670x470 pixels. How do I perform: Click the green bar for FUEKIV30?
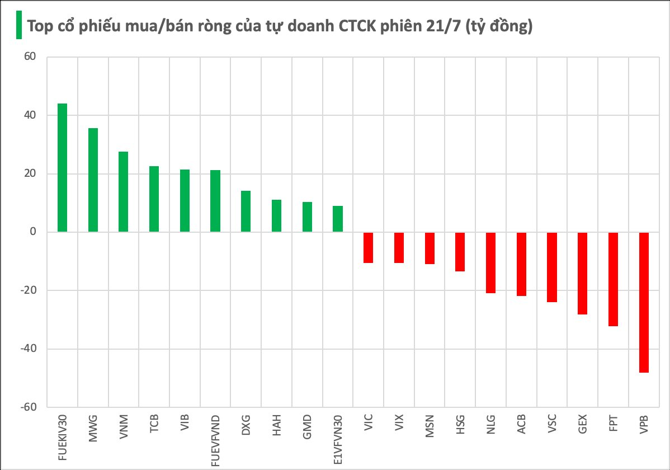pos(62,168)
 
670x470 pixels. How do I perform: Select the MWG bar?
pos(93,180)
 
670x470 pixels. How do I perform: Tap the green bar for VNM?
pos(124,192)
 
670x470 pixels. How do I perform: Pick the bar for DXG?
pos(246,211)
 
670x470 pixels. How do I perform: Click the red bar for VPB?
pos(644,302)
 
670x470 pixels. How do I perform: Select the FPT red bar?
pos(613,279)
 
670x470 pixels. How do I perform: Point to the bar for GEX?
pos(582,273)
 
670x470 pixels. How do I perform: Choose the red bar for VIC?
pos(368,247)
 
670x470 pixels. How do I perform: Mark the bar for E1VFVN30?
pos(337,219)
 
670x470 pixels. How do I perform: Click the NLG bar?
pos(490,262)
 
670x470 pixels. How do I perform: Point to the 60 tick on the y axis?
pos(30,57)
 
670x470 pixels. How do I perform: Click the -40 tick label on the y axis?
pos(28,349)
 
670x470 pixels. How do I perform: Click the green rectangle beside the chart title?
pos(18,26)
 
